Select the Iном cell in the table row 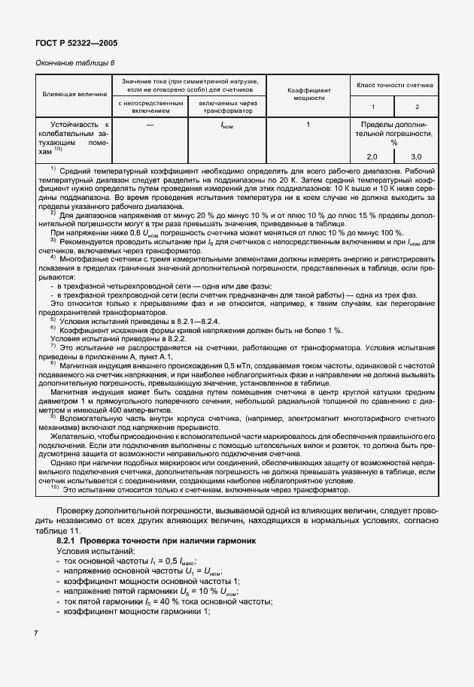[227, 125]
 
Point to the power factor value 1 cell [308, 124]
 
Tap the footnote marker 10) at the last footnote [55, 489]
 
